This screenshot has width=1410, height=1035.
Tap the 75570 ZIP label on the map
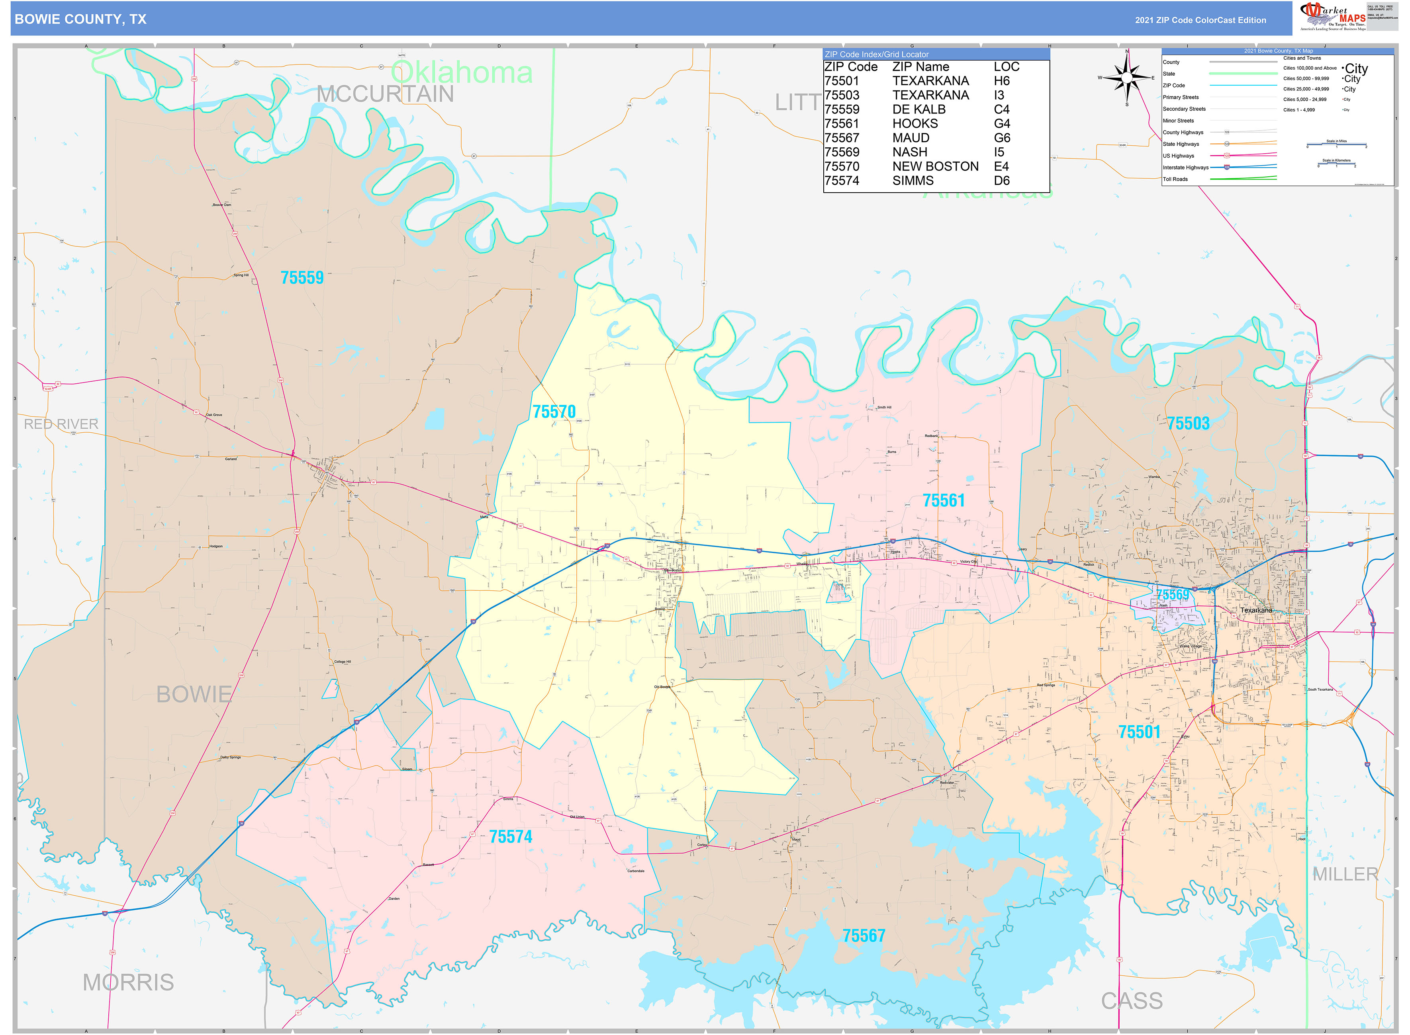tap(554, 412)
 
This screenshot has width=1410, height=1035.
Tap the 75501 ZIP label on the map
tap(1139, 732)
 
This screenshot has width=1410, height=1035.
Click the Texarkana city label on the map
tap(1256, 610)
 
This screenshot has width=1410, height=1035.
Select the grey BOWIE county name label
tap(194, 694)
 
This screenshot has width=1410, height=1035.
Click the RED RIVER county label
tap(61, 424)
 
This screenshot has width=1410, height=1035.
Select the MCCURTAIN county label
tap(384, 94)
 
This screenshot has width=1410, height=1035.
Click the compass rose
tap(1127, 78)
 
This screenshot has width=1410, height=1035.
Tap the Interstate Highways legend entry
tap(1185, 167)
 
